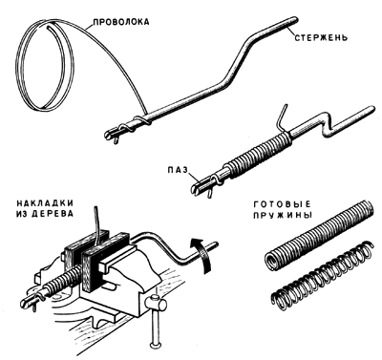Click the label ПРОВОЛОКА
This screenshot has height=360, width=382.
point(120,22)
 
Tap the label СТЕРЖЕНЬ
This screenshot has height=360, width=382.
point(320,38)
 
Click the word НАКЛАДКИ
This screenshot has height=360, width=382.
point(45,202)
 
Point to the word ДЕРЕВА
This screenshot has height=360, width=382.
point(53,214)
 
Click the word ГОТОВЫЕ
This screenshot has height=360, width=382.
point(282,204)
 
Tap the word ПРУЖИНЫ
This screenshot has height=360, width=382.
point(283,215)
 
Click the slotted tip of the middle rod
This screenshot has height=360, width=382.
point(198,186)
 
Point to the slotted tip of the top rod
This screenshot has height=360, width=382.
point(111,133)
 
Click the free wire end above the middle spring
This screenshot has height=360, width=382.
point(282,116)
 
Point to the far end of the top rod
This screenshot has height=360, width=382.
point(294,20)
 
